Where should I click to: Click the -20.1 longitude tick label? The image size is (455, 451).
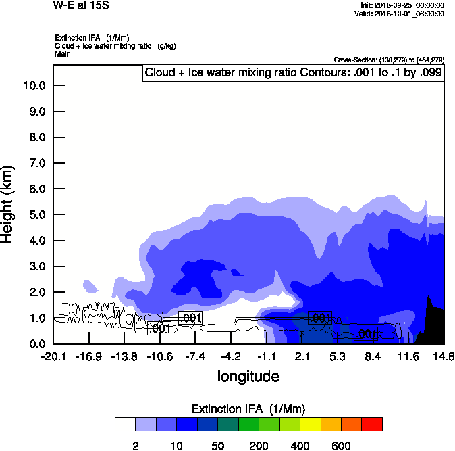(x=53, y=356)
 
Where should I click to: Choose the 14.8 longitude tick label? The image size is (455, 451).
(x=444, y=356)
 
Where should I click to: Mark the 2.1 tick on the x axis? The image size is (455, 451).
(x=302, y=356)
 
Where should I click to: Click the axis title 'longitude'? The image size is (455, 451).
(x=248, y=375)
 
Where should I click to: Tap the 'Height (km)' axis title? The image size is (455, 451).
(x=9, y=204)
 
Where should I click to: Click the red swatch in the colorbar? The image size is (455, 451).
(x=372, y=424)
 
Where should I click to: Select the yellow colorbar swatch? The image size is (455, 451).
(x=310, y=424)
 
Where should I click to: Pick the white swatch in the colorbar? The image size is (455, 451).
(x=125, y=424)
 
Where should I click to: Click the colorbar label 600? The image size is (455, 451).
(x=341, y=446)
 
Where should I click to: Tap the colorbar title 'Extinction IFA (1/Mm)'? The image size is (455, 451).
(x=248, y=409)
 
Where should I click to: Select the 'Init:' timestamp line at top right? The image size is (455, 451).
(x=403, y=5)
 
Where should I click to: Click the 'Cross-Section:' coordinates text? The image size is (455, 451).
(x=389, y=60)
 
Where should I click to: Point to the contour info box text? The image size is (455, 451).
(x=294, y=72)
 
